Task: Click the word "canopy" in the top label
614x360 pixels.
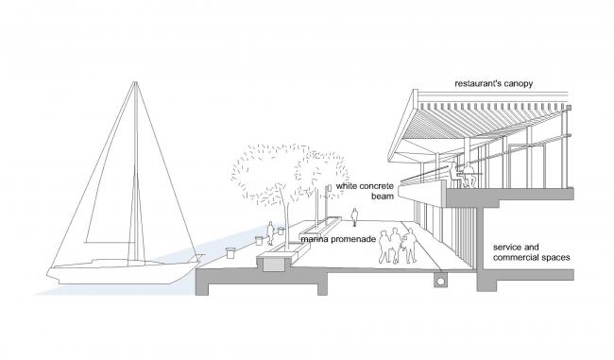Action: pos(518,84)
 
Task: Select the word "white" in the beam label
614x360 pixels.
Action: pos(347,186)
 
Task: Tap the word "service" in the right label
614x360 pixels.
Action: pos(510,245)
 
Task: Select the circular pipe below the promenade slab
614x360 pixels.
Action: pos(440,281)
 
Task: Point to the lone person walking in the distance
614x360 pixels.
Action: pos(354,217)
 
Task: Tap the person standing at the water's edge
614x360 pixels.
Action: pos(270,232)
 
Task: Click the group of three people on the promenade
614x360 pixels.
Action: pos(398,246)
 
